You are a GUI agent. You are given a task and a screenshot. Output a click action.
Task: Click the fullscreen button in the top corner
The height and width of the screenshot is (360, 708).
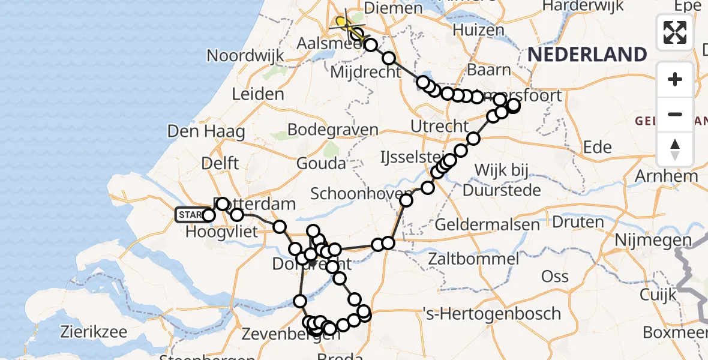(675, 32)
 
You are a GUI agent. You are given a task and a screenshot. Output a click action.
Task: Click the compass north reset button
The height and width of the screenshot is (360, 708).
(675, 149)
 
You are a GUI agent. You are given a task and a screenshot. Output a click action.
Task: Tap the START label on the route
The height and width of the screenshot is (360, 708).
(190, 215)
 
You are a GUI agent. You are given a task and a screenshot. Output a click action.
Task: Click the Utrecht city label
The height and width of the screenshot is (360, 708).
(439, 127)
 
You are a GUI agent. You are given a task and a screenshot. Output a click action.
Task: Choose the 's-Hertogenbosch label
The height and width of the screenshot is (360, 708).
(491, 313)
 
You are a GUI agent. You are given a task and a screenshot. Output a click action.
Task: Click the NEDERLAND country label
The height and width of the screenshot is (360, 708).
(587, 55)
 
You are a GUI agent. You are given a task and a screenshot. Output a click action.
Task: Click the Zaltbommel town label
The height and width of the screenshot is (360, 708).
(474, 259)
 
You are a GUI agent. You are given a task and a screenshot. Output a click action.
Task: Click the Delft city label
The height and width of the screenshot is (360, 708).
(221, 163)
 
